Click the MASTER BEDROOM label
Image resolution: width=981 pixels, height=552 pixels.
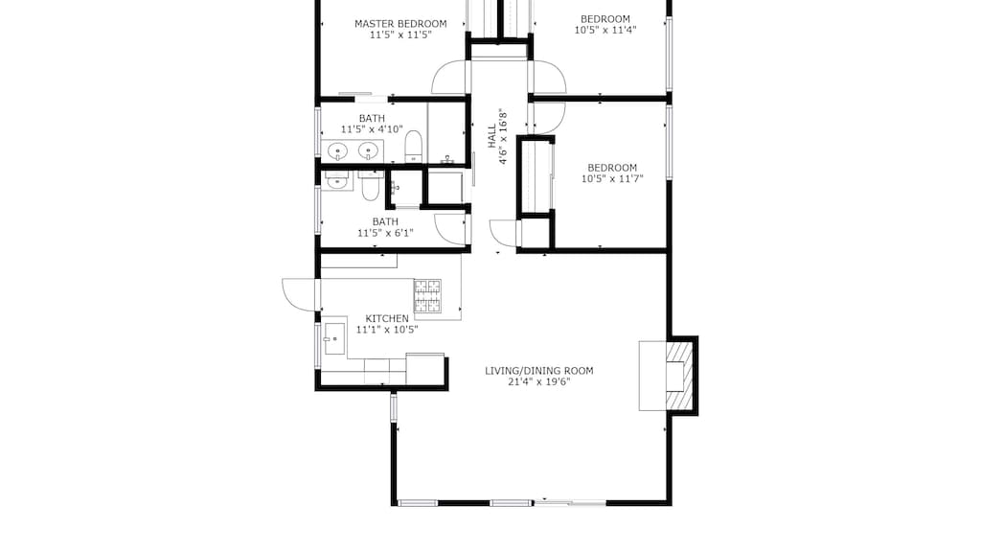click(x=400, y=23)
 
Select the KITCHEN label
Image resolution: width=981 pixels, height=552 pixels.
click(x=387, y=318)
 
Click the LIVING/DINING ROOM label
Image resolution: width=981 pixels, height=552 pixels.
click(x=538, y=371)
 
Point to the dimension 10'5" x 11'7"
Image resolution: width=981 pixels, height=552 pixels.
click(x=611, y=178)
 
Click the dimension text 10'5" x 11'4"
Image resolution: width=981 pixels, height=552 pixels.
click(x=605, y=30)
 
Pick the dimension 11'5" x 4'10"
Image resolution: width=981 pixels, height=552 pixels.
click(x=372, y=129)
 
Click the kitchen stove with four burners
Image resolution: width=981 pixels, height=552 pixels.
click(x=427, y=295)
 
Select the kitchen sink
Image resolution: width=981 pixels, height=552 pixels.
click(x=334, y=334)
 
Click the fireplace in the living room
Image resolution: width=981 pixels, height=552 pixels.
click(x=675, y=374)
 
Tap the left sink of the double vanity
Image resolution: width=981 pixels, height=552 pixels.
click(x=338, y=150)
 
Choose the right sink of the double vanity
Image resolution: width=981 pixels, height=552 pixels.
click(x=367, y=150)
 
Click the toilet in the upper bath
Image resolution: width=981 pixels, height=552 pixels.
click(x=413, y=147)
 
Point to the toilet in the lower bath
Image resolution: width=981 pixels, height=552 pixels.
click(x=370, y=185)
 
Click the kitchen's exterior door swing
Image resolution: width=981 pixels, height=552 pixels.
click(x=301, y=293)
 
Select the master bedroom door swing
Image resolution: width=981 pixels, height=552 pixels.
click(x=449, y=78)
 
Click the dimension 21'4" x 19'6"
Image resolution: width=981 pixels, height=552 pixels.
click(x=538, y=382)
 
